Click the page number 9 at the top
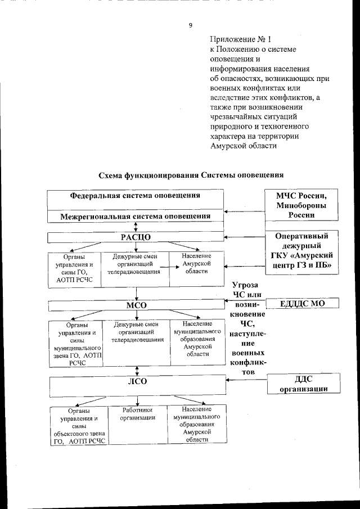pyautogui.click(x=191, y=25)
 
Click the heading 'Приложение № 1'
pyautogui.click(x=240, y=39)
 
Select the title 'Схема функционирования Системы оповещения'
pyautogui.click(x=191, y=175)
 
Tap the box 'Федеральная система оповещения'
pyautogui.click(x=135, y=196)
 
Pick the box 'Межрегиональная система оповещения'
pyautogui.click(x=135, y=215)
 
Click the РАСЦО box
pyautogui.click(x=135, y=236)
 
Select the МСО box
pyautogui.click(x=135, y=305)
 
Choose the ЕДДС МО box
pyautogui.click(x=302, y=304)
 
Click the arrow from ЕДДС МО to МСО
pyautogui.click(x=242, y=304)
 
